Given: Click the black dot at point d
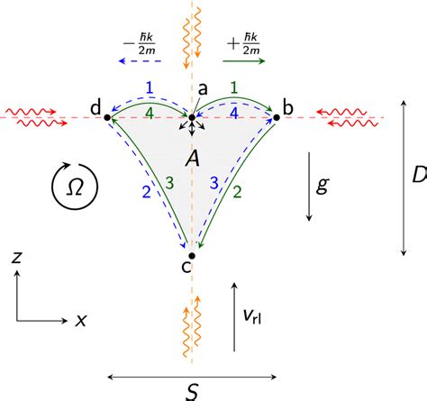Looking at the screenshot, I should tap(108, 117).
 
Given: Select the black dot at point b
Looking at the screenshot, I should tap(277, 117).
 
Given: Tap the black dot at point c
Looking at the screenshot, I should tap(191, 256).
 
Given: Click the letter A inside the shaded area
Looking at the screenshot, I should tap(192, 159).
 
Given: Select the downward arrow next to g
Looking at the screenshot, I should tap(309, 187).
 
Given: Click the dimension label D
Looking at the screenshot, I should tap(418, 176).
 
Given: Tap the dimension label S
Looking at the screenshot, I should tap(191, 391).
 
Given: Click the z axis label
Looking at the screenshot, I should tap(16, 258).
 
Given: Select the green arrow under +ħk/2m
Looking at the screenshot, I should tap(241, 62).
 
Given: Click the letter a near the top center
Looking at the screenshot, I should tap(203, 87).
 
